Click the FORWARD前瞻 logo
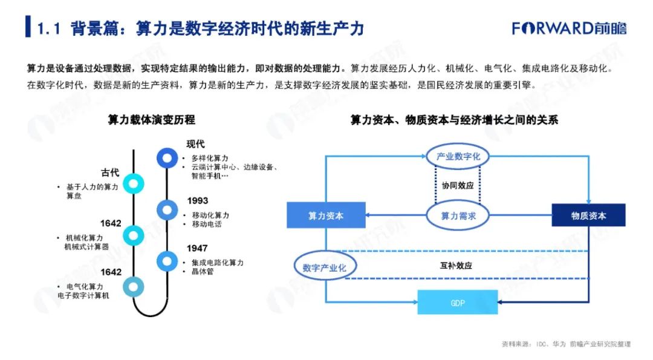click(x=569, y=28)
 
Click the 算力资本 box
click(x=326, y=215)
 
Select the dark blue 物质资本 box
click(x=588, y=215)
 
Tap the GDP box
click(x=458, y=303)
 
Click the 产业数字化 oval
click(x=458, y=156)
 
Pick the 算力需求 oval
click(x=458, y=215)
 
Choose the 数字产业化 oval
click(x=325, y=267)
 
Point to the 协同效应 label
click(x=458, y=186)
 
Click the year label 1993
click(x=197, y=201)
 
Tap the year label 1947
click(x=197, y=248)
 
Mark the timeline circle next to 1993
click(x=166, y=209)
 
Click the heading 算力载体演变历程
click(x=152, y=120)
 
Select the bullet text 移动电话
click(x=206, y=224)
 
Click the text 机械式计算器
click(x=86, y=247)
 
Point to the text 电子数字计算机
click(x=84, y=296)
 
